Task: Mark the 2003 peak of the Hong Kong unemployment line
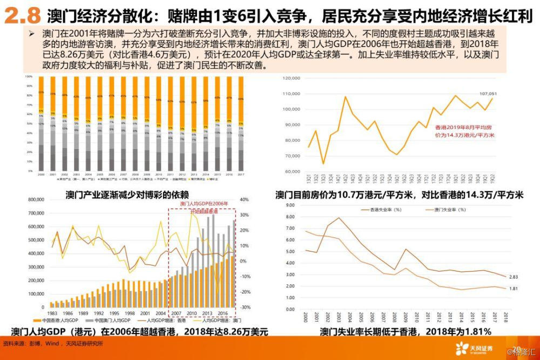(339, 218)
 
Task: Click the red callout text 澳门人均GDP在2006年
(201, 204)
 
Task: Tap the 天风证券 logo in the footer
(474, 348)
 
